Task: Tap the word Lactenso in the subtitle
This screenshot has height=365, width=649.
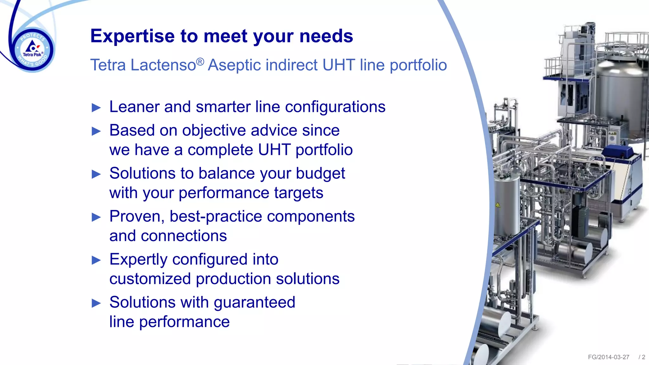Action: [x=163, y=65]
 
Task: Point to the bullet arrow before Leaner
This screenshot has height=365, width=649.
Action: [x=96, y=108]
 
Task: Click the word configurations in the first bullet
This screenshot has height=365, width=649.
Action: [x=335, y=107]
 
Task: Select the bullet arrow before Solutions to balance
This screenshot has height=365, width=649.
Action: [x=96, y=174]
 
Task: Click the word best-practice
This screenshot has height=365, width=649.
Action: [x=215, y=217]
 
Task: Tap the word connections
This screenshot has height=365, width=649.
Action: [x=183, y=236]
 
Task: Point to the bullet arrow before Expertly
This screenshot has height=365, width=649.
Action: [x=96, y=260]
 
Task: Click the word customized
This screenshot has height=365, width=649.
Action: [x=150, y=279]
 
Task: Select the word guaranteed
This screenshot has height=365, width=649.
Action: [x=254, y=302]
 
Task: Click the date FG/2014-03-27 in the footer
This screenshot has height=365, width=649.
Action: [x=608, y=357]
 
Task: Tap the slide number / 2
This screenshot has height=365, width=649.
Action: [x=642, y=357]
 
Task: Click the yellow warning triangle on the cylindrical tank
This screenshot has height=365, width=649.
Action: [x=498, y=205]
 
